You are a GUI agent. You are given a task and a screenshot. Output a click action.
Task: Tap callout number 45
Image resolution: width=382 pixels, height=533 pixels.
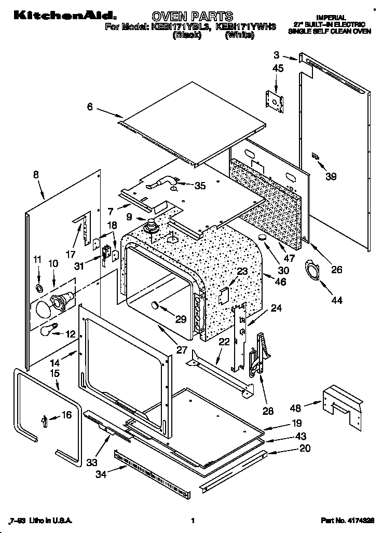(x=278, y=68)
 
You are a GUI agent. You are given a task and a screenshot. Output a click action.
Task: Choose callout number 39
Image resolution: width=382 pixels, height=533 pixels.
(x=331, y=176)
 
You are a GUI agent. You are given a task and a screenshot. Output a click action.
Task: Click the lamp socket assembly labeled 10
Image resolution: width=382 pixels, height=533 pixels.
(x=61, y=299)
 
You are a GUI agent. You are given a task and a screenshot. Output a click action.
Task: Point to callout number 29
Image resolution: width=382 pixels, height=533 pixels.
(x=180, y=319)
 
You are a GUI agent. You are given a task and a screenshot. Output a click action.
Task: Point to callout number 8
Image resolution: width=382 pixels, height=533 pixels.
(x=35, y=175)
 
